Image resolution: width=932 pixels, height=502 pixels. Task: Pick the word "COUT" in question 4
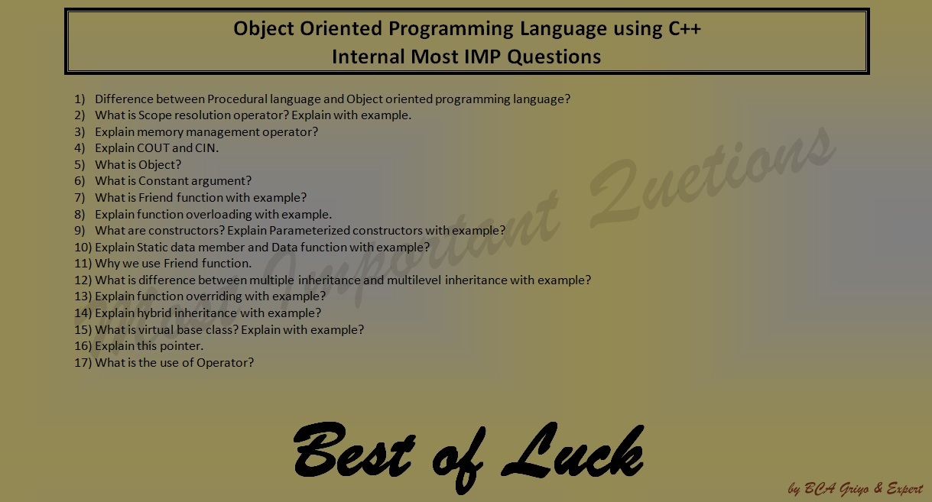tap(154, 148)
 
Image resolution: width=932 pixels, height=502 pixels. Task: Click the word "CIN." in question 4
tap(207, 148)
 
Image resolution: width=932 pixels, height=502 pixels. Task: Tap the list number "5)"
tap(80, 164)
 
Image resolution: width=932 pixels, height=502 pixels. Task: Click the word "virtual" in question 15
tap(157, 329)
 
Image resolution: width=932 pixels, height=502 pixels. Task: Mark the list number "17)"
tap(83, 362)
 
